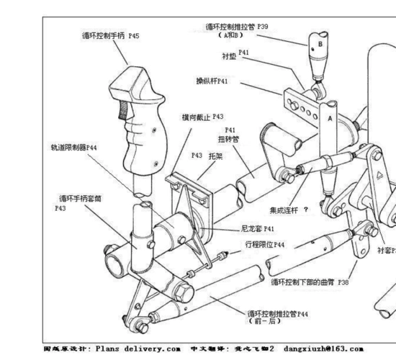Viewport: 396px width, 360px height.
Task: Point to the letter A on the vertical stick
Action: coord(330,115)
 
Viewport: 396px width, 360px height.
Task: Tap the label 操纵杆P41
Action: coord(212,81)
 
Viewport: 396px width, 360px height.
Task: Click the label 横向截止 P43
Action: coord(202,116)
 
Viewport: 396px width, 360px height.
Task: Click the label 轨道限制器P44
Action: coord(73,146)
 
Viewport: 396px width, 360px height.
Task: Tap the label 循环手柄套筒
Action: coord(84,197)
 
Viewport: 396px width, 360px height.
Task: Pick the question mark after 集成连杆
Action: coord(306,210)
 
